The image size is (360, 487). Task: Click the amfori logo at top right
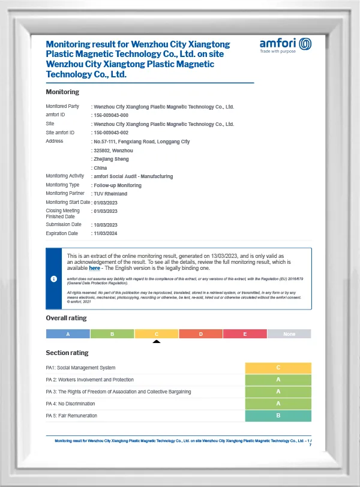point(286,45)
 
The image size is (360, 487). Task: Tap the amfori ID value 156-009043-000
point(111,115)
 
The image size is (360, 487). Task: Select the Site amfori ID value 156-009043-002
point(111,133)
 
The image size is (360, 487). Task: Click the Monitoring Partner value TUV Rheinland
point(111,194)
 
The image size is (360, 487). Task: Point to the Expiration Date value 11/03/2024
point(105,233)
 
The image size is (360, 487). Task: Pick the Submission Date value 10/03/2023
point(105,225)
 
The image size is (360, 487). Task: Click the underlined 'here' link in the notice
point(95,268)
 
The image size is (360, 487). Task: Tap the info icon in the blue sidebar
point(54,279)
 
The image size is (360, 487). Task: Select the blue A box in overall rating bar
point(68,334)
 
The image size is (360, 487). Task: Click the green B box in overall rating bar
point(112,334)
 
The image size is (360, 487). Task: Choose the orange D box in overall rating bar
point(201,334)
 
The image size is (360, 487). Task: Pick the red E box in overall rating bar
point(245,334)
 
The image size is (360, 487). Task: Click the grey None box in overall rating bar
point(289,334)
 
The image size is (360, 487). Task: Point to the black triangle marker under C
point(157,342)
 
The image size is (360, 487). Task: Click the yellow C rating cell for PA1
point(278,368)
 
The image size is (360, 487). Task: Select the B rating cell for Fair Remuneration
point(278,416)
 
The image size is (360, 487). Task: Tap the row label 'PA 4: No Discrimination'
point(71,404)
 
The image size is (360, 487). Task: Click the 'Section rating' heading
point(67,353)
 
